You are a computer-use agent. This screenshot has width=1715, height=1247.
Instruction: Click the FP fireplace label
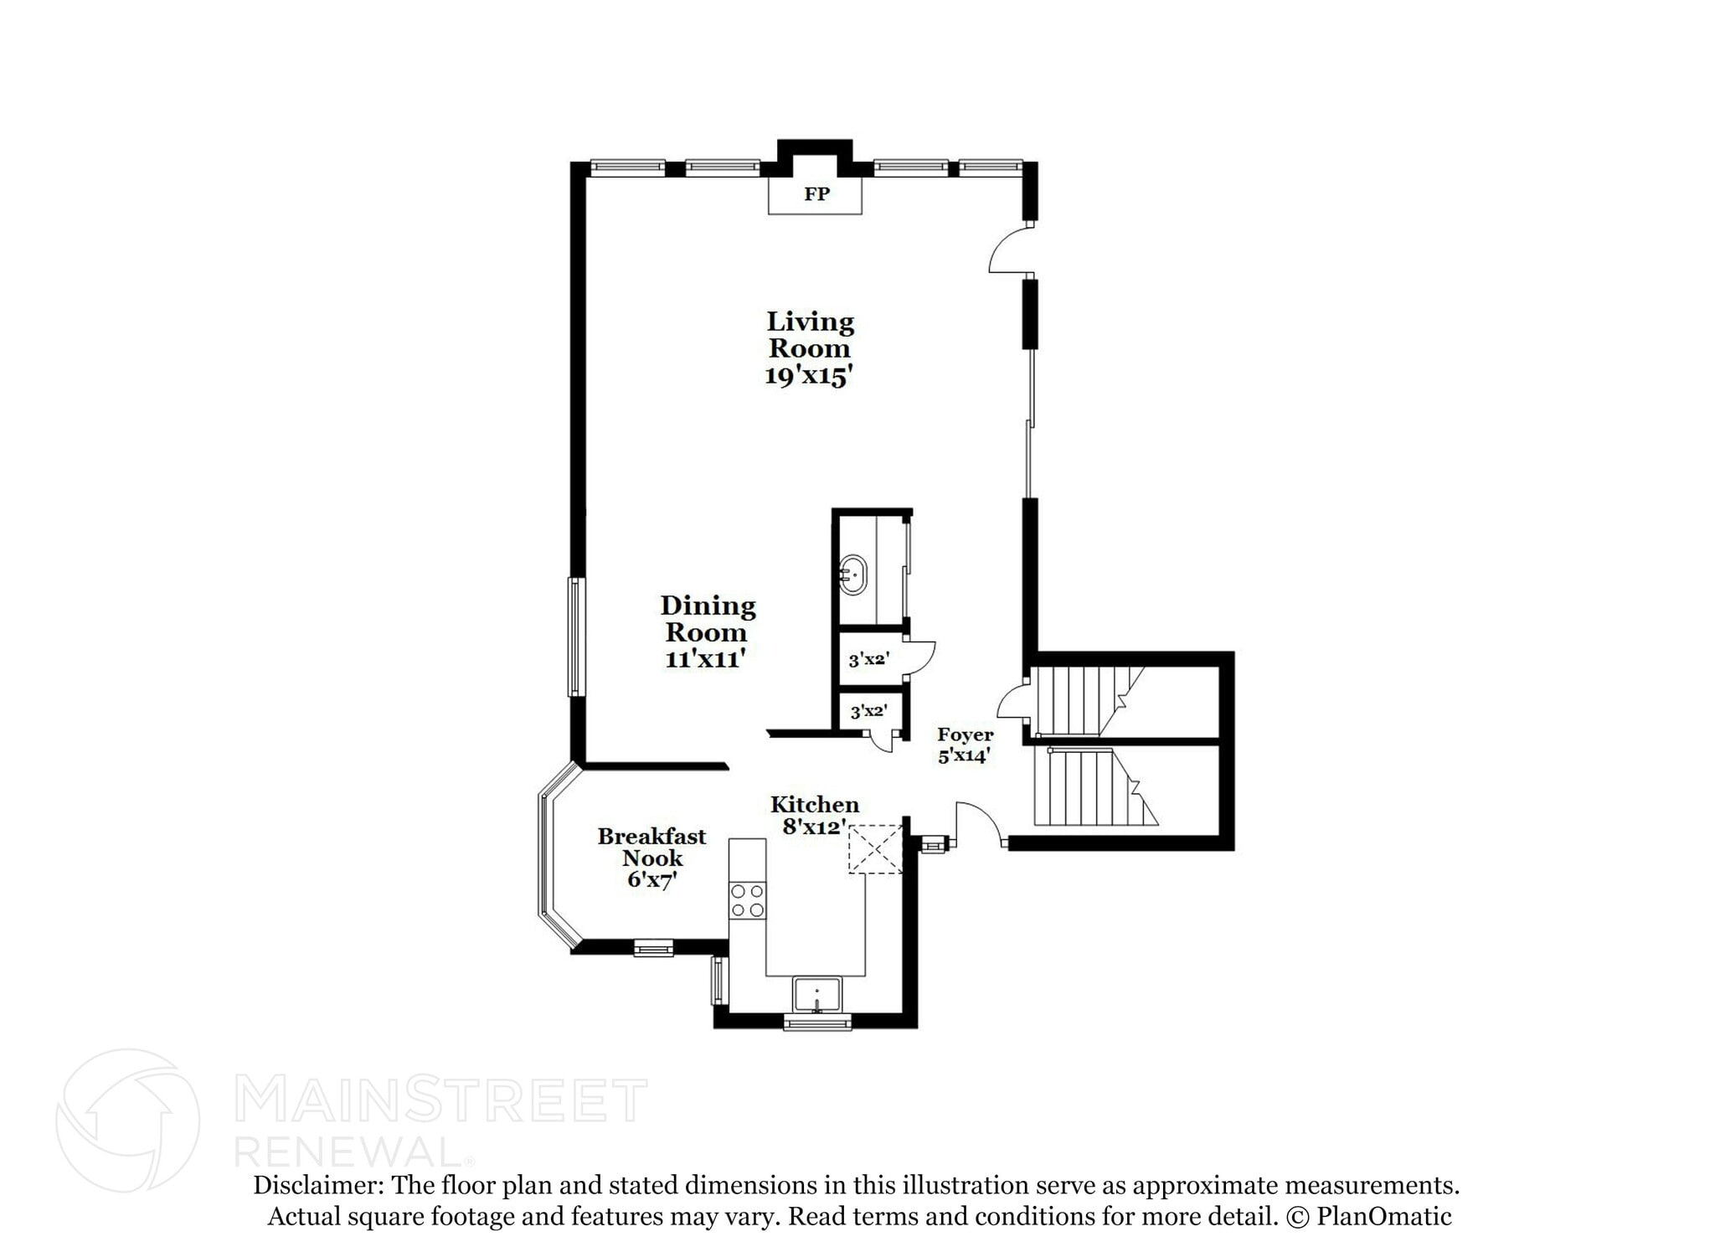click(816, 194)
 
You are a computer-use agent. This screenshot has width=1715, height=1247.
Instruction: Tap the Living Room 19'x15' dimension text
click(809, 376)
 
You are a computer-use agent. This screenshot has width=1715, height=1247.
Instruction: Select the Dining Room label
click(707, 618)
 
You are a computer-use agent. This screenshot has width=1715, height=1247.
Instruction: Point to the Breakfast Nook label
click(651, 847)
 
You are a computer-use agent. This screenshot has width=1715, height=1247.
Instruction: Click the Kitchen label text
click(815, 805)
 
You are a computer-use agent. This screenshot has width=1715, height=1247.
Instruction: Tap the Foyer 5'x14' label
click(965, 745)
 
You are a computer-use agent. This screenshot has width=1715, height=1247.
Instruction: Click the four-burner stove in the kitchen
click(747, 900)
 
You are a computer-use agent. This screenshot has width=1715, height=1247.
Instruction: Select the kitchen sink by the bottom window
click(817, 996)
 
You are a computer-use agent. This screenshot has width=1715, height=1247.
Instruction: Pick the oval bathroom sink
click(852, 575)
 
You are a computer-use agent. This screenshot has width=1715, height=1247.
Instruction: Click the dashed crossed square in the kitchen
click(876, 849)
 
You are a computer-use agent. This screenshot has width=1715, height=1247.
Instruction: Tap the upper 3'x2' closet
click(868, 659)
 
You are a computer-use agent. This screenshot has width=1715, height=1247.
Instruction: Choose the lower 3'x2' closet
click(868, 712)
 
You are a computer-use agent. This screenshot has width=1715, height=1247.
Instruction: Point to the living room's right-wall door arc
click(1009, 250)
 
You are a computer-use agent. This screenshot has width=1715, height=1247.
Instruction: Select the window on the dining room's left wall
click(575, 636)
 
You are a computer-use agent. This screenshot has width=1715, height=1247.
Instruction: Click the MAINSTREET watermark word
click(440, 1100)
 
